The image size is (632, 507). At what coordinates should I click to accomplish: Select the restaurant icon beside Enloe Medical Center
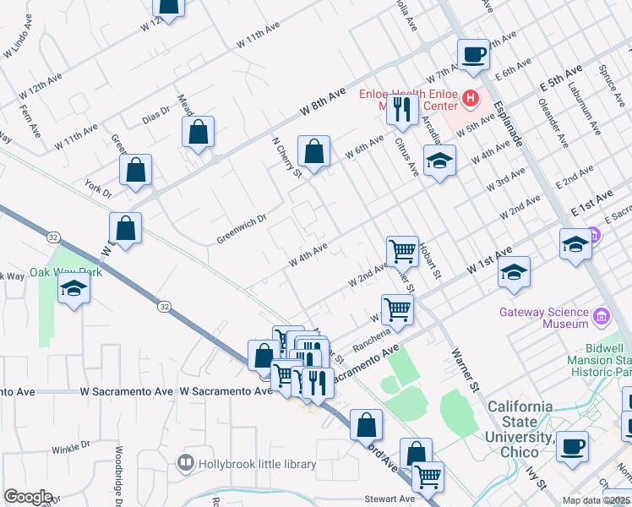click(402, 108)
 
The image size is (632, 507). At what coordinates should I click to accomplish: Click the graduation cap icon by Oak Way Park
click(74, 289)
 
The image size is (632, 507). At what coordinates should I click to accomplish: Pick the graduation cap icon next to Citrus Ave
click(439, 162)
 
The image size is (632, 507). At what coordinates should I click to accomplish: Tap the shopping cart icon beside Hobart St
click(402, 251)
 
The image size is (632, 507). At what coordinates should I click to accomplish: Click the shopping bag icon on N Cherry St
click(313, 152)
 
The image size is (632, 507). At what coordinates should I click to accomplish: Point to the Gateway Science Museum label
click(543, 318)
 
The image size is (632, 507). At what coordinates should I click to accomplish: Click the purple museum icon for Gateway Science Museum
click(602, 318)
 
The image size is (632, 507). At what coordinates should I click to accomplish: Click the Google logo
click(27, 497)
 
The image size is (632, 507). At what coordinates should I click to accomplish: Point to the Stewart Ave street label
click(390, 499)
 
